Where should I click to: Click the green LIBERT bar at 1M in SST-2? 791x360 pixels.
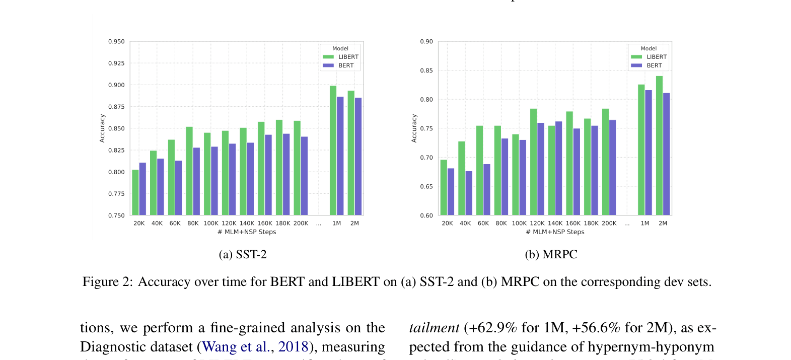point(333,151)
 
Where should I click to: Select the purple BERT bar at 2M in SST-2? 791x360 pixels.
point(358,157)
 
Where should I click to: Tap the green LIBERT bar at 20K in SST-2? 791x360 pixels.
point(135,192)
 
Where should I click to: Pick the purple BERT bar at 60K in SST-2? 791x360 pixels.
point(178,188)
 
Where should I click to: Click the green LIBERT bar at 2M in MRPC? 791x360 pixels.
point(659,146)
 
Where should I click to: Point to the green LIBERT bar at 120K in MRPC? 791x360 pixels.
point(533,162)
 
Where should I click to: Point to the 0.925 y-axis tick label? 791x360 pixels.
point(116,63)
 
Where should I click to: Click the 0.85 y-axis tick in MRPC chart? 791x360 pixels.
point(426,71)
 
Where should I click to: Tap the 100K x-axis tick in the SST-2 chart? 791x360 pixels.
point(211,224)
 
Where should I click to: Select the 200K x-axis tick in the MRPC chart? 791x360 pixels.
point(609,224)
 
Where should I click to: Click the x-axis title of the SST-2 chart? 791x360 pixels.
point(247,232)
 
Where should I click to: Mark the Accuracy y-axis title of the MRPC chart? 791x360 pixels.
point(414,128)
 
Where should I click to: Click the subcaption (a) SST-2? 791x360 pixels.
point(243,255)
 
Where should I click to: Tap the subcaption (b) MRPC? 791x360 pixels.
point(551,255)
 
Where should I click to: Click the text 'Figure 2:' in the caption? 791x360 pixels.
point(108,282)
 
